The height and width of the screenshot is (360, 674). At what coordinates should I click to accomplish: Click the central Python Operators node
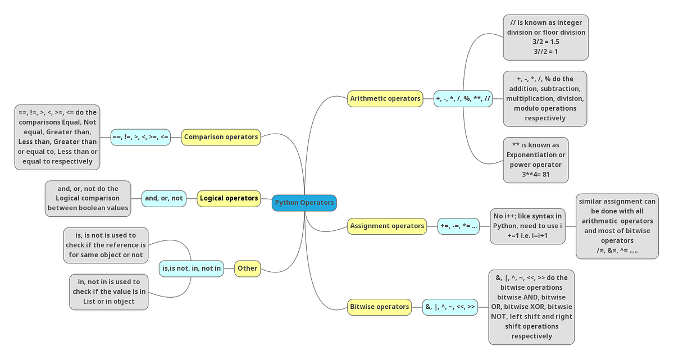click(x=304, y=203)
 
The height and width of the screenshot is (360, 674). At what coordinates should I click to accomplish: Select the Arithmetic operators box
click(x=385, y=99)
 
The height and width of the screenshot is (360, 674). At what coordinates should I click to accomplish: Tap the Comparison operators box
click(x=221, y=136)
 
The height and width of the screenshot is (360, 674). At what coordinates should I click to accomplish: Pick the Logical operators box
click(x=229, y=198)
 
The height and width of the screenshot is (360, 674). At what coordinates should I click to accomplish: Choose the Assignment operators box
click(x=387, y=226)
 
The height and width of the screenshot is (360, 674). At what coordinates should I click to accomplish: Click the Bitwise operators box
click(x=380, y=307)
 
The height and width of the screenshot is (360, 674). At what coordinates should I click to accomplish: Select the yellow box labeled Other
click(x=247, y=268)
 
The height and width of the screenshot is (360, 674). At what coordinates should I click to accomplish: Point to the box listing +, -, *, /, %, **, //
click(x=463, y=99)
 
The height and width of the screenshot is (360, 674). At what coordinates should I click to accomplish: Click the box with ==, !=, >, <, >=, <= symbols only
click(x=140, y=136)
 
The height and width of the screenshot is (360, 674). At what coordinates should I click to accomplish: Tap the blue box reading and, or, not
click(x=163, y=198)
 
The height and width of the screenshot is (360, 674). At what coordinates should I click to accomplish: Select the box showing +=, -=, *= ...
click(x=458, y=226)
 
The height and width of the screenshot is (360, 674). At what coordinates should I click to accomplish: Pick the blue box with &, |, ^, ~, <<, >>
click(x=450, y=307)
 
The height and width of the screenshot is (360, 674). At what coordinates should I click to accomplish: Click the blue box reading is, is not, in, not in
click(x=191, y=268)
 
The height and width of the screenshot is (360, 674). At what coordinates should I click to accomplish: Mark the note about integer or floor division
click(x=546, y=37)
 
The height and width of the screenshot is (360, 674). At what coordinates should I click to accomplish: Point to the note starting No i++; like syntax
click(x=527, y=226)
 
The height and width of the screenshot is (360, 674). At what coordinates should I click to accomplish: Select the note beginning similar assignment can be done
click(x=617, y=226)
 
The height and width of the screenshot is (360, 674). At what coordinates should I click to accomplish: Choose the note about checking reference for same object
click(x=106, y=245)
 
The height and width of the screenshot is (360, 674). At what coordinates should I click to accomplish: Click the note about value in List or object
click(x=109, y=291)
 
